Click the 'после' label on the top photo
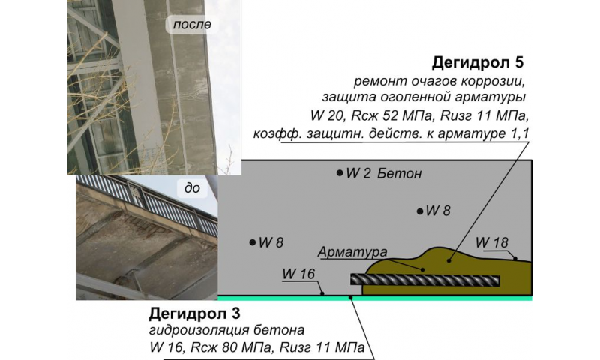coord(192,25)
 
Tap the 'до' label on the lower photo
coord(192,188)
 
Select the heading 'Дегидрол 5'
coord(482,62)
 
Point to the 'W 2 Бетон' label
coord(383,174)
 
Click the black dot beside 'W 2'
coord(340,173)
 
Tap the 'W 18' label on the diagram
coord(492,243)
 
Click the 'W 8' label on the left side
coord(271,242)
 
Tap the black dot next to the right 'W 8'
coord(420,211)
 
